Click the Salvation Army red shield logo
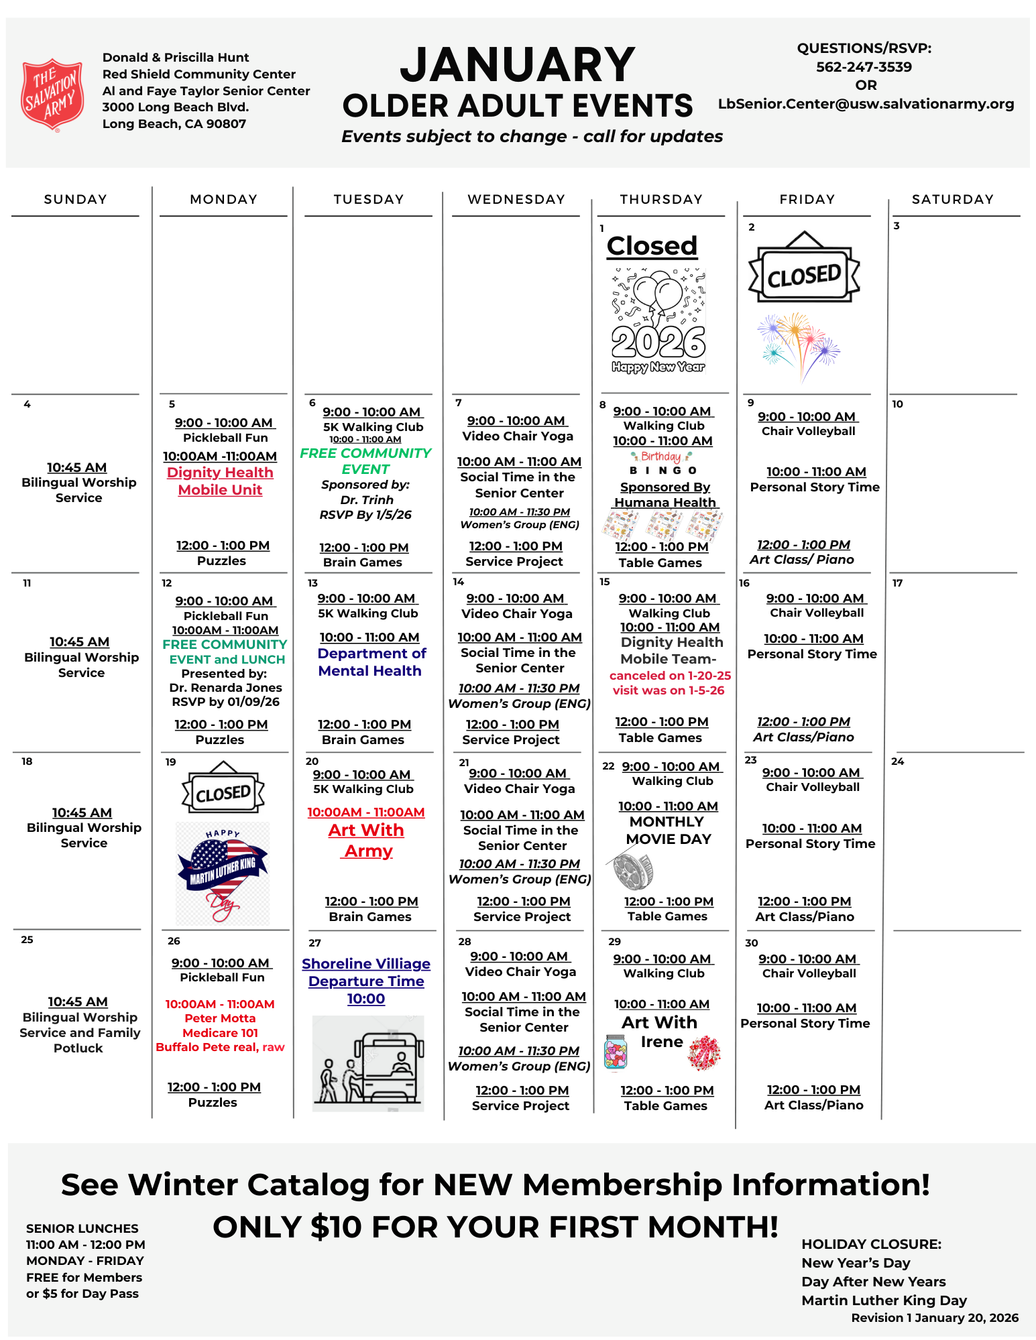tap(53, 94)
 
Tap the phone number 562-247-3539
tap(864, 67)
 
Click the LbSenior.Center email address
tap(866, 104)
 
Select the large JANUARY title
tap(517, 65)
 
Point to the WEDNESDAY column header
tap(516, 199)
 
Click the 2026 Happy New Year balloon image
tap(658, 321)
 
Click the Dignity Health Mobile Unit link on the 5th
tap(220, 481)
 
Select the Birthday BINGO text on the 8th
tap(663, 463)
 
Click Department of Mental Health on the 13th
tap(371, 662)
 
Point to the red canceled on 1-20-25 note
tap(670, 676)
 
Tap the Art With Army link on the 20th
tap(367, 840)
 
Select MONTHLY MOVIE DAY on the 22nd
tap(667, 830)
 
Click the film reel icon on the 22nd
tap(632, 867)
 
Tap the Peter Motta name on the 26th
tap(220, 1018)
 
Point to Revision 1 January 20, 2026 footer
tap(934, 1318)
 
